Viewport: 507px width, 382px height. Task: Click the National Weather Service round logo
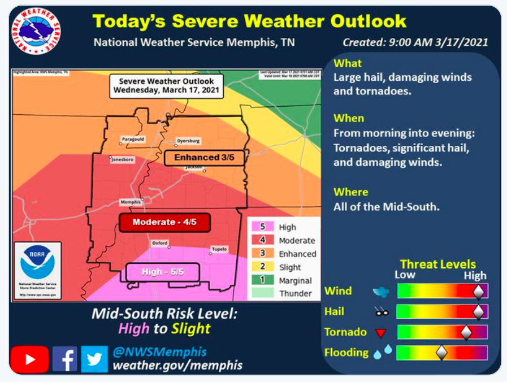pyautogui.click(x=36, y=31)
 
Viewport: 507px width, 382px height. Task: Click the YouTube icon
pyautogui.click(x=29, y=359)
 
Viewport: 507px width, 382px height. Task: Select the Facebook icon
pyautogui.click(x=64, y=359)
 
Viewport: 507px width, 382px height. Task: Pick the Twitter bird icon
pyautogui.click(x=94, y=359)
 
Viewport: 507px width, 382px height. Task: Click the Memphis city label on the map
pyautogui.click(x=130, y=202)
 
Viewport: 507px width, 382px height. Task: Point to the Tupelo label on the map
pyautogui.click(x=219, y=249)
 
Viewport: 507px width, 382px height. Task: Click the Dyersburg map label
pyautogui.click(x=188, y=140)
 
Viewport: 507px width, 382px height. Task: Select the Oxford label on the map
pyautogui.click(x=160, y=243)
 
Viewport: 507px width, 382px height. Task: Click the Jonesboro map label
pyautogui.click(x=123, y=160)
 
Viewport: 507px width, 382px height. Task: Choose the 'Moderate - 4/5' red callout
pyautogui.click(x=164, y=222)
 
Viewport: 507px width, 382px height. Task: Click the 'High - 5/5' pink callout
pyautogui.click(x=163, y=272)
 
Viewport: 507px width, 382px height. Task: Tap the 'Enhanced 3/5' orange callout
pyautogui.click(x=204, y=158)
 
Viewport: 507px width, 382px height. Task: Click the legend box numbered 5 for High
pyautogui.click(x=262, y=227)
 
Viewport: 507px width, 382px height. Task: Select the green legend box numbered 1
pyautogui.click(x=262, y=280)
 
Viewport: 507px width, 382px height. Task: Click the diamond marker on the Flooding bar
pyautogui.click(x=441, y=353)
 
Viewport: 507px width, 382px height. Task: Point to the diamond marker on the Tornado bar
pyautogui.click(x=466, y=332)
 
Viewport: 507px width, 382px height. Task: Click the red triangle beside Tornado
pyautogui.click(x=381, y=333)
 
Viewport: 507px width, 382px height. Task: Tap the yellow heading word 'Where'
pyautogui.click(x=350, y=192)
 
